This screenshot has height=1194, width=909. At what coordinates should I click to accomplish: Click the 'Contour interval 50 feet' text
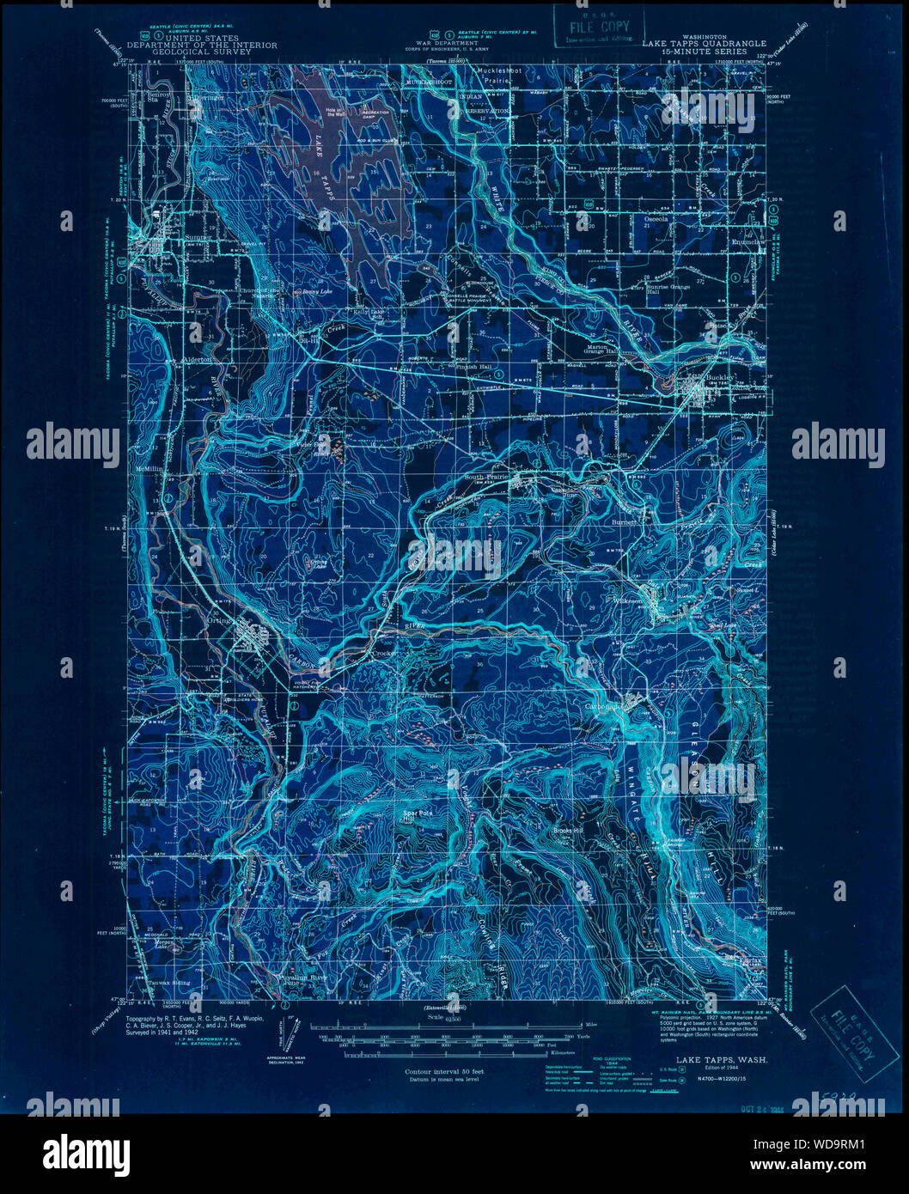(x=444, y=1072)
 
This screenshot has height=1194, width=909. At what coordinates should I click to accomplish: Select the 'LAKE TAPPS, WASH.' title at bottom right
(x=721, y=1061)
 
